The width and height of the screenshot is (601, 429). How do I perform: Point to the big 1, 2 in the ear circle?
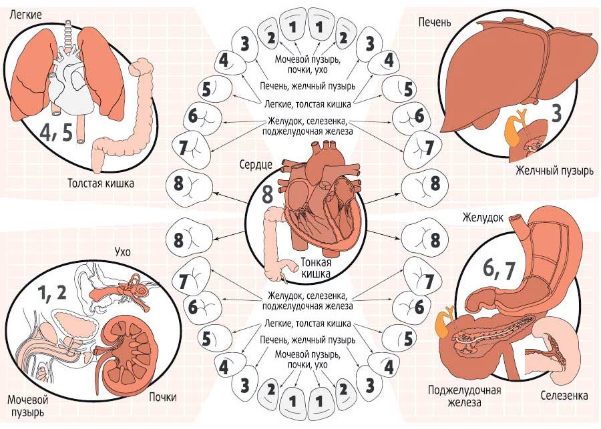[x=51, y=293]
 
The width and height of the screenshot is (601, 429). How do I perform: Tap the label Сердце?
[x=256, y=165]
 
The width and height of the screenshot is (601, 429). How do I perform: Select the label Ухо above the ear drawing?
[x=123, y=252]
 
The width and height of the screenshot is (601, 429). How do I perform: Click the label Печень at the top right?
[x=434, y=22]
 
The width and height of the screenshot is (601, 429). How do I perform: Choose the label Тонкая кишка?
[x=315, y=268]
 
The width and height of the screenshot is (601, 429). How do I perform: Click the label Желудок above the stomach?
[x=483, y=218]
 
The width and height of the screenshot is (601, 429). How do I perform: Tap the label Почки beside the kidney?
[x=163, y=397]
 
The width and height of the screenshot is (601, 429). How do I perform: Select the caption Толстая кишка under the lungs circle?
[x=101, y=183]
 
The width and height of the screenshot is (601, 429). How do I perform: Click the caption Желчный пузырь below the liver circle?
[x=554, y=170]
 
